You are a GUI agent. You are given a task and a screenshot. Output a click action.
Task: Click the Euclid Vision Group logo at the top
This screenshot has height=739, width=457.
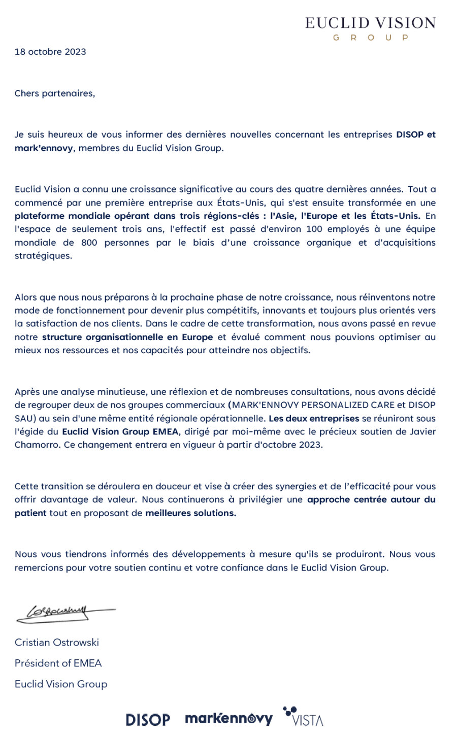tap(370, 28)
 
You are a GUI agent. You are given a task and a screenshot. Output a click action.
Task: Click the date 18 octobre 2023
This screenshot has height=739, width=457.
tap(50, 52)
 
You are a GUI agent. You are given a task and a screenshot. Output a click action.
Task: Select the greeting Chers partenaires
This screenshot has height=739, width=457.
tap(54, 93)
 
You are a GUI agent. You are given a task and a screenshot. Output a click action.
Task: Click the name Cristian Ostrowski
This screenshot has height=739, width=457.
tap(56, 642)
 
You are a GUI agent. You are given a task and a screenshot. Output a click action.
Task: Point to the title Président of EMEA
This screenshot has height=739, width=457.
tap(58, 663)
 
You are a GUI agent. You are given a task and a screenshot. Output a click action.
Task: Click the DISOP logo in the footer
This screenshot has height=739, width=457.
tap(148, 719)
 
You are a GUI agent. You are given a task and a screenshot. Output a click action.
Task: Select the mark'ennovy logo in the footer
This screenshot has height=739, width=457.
tap(228, 718)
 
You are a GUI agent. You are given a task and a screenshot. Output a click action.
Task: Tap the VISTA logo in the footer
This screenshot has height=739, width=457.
tap(303, 717)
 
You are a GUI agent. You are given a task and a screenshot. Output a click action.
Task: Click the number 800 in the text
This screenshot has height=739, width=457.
tap(89, 243)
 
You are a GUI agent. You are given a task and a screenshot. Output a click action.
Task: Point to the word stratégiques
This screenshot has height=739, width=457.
tap(43, 256)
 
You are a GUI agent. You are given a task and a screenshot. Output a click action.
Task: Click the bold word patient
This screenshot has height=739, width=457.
tap(30, 513)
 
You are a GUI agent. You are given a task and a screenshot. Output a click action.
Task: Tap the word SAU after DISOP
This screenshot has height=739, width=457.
tap(23, 419)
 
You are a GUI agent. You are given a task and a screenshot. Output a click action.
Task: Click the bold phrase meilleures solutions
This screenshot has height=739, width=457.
tap(190, 513)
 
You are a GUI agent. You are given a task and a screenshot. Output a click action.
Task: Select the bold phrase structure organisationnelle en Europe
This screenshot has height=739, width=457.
tap(127, 337)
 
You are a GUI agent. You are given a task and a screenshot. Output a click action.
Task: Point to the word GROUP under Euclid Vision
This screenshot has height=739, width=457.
tap(370, 38)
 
